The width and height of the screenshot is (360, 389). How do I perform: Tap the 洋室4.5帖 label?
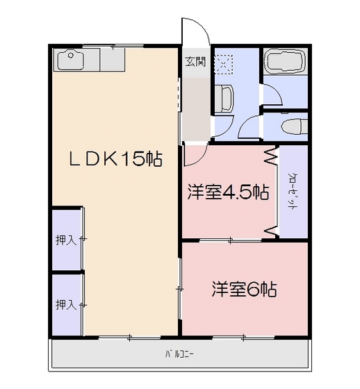(x=227, y=192)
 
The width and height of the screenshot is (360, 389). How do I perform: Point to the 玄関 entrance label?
(x=195, y=61)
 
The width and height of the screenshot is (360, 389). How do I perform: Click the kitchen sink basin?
(x=70, y=62)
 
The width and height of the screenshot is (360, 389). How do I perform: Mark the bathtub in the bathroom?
(x=284, y=63)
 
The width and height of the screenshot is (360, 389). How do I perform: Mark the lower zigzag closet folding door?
(x=270, y=229)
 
